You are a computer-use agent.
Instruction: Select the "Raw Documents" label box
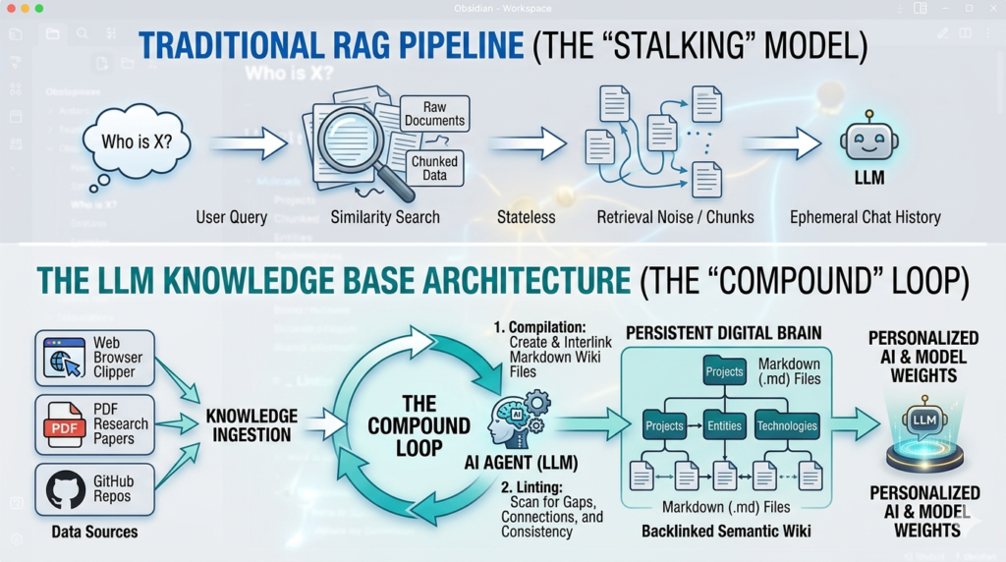[x=434, y=113]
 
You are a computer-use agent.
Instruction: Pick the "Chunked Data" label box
[x=434, y=168]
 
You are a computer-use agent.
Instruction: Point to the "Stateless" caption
[x=526, y=217]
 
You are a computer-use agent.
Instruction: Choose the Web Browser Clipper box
[x=94, y=358]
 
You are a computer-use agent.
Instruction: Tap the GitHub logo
[x=65, y=489]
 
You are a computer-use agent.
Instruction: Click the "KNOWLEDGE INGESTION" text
[x=251, y=424]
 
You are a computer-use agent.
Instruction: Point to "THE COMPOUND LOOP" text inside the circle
[x=419, y=425]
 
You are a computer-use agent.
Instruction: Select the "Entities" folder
[x=725, y=425]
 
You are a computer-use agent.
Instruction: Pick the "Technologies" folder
[x=787, y=425]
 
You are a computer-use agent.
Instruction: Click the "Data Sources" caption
[x=94, y=533]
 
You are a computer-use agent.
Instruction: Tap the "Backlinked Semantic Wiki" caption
[x=725, y=532]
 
